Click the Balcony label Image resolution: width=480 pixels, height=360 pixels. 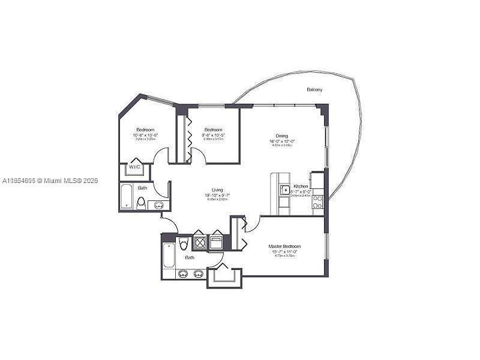pos(314,89)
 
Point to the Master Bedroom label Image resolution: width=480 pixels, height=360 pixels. pos(284,247)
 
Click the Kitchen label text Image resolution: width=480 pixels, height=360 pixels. pos(301,187)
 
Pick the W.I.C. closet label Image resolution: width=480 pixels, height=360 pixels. pos(134,167)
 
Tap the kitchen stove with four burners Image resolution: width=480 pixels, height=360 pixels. pos(317,202)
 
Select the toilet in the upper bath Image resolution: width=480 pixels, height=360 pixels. pos(142,203)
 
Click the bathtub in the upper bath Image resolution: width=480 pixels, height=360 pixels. pos(127,196)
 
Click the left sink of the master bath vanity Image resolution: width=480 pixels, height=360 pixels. pos(183,274)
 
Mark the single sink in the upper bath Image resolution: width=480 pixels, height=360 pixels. pos(158,205)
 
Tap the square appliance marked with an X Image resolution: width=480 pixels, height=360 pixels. pos(199,242)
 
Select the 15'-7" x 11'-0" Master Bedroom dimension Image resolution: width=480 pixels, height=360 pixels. pos(284,252)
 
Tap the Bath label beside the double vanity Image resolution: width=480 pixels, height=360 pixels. pos(190,257)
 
